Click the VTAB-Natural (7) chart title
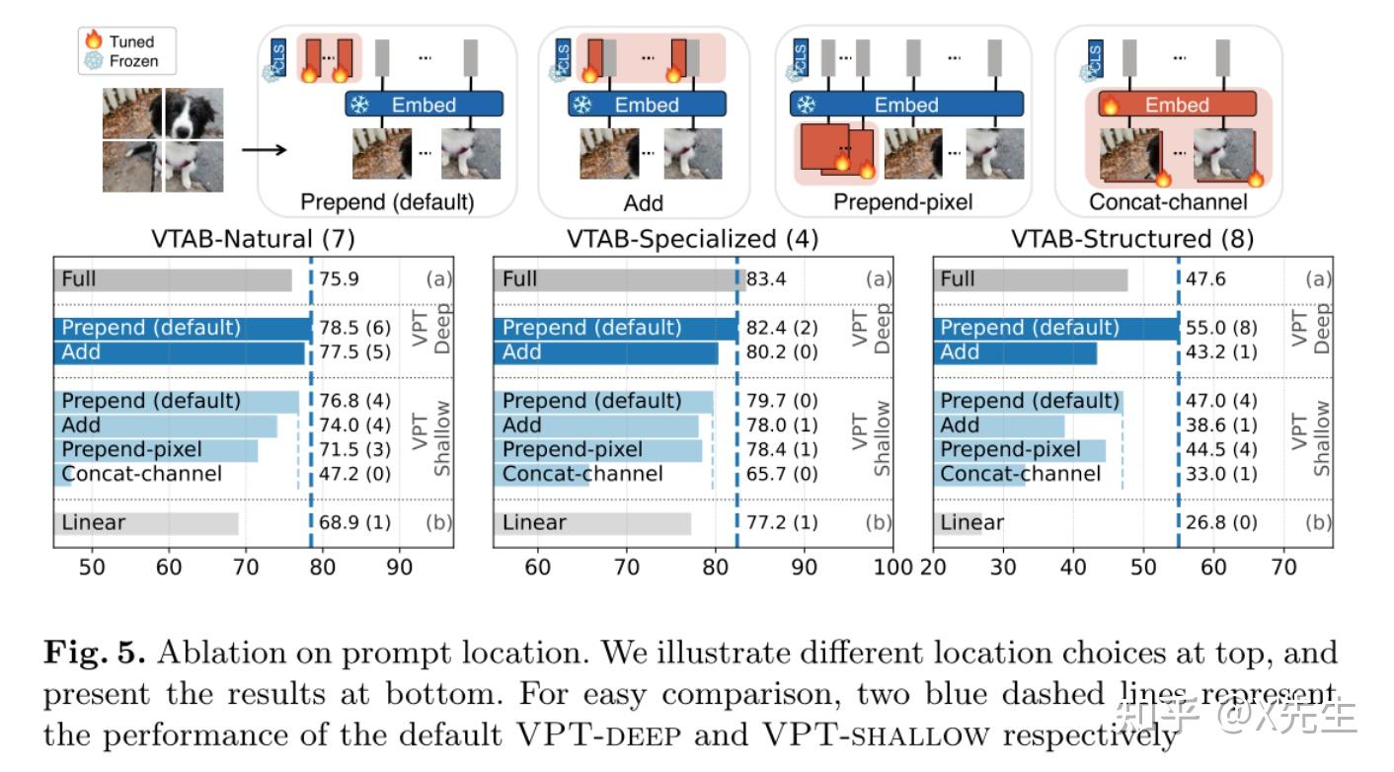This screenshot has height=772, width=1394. coord(253,239)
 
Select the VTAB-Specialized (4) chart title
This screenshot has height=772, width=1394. coord(692,239)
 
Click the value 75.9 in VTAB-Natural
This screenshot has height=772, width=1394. coord(339,279)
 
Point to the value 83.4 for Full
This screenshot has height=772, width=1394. coord(766,279)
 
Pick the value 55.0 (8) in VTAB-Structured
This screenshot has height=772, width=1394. coord(1221,328)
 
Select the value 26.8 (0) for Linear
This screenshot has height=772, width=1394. coord(1221,522)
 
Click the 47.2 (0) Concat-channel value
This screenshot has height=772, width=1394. coord(354,474)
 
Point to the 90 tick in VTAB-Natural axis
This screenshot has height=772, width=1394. coord(399,568)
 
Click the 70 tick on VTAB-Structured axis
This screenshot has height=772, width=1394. coord(1283,568)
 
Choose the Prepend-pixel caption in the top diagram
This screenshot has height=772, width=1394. coord(902,203)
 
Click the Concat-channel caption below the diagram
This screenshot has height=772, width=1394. coord(1168,203)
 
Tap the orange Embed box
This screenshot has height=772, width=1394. coord(1171,105)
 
